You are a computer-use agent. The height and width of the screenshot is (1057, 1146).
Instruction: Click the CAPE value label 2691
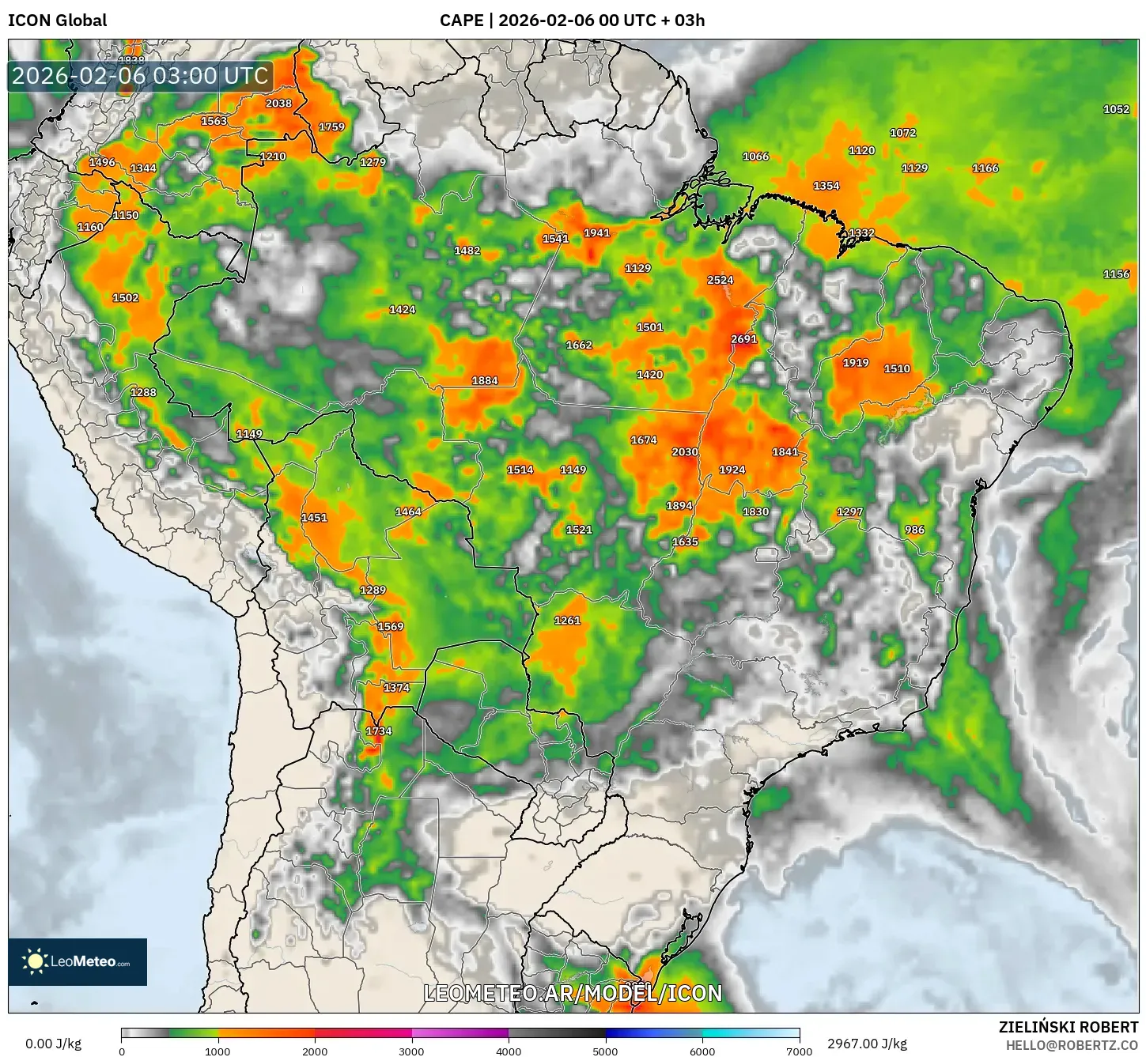point(743,339)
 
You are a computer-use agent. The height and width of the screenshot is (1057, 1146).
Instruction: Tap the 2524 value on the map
point(720,280)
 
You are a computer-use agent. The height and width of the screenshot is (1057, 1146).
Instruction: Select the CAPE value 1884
point(485,380)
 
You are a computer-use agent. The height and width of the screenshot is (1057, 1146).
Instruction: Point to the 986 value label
point(914,530)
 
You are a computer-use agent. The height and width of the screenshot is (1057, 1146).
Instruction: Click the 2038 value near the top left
point(278,104)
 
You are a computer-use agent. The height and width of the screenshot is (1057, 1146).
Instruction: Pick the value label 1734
point(379,731)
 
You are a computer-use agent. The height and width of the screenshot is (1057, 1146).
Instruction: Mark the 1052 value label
point(1116,109)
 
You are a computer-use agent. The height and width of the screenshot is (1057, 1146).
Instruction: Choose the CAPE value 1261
point(567,621)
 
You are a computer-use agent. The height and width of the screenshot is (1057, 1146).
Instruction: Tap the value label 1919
point(856,363)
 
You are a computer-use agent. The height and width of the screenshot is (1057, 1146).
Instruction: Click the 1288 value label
point(143,392)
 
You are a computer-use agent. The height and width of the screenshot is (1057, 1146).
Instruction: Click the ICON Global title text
point(57,21)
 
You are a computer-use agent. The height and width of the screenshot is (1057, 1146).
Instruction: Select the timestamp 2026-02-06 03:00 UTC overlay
point(140,77)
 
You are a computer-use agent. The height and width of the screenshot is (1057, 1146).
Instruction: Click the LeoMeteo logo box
point(78,961)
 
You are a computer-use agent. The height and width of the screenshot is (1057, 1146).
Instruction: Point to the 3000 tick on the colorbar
point(411,1051)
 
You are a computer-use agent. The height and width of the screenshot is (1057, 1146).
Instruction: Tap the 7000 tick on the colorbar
point(799,1051)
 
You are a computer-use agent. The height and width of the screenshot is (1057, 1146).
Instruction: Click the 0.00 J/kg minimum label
point(53,1044)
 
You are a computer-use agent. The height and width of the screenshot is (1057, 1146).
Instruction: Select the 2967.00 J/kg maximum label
point(867,1044)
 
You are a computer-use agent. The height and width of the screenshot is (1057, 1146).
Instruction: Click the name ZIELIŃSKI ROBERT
point(1068,1027)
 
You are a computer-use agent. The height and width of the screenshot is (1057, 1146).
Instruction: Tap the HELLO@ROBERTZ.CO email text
point(1072,1045)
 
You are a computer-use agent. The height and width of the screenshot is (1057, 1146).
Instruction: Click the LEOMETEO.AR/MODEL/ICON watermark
point(573,993)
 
